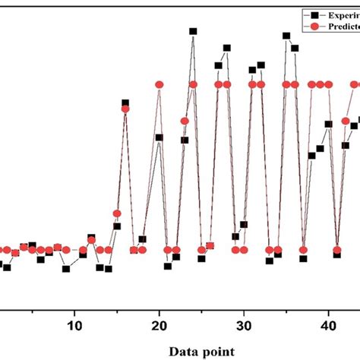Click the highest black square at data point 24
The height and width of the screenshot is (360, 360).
[193, 32]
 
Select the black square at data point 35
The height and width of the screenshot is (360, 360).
[286, 36]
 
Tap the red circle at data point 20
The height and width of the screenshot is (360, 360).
[159, 84]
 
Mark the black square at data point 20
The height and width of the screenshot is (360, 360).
[159, 137]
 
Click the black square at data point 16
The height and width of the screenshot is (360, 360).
[125, 103]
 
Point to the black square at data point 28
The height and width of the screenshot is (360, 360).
[226, 48]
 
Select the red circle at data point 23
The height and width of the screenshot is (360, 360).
[185, 121]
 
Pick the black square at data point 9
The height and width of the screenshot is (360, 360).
[66, 268]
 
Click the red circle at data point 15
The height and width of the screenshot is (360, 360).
[117, 213]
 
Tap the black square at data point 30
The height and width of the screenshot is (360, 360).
[244, 224]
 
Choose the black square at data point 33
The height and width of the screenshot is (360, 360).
[269, 261]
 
